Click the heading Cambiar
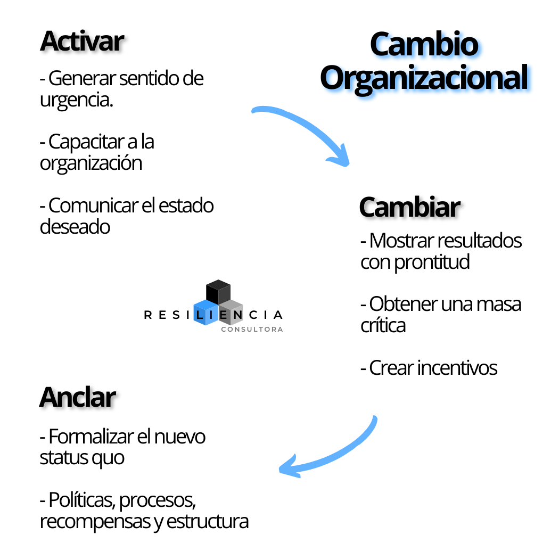[409, 207]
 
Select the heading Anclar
[78, 397]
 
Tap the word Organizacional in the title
[424, 78]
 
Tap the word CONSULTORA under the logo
[252, 330]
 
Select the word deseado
[75, 227]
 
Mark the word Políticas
[82, 500]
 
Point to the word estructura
[208, 522]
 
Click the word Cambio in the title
[424, 44]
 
